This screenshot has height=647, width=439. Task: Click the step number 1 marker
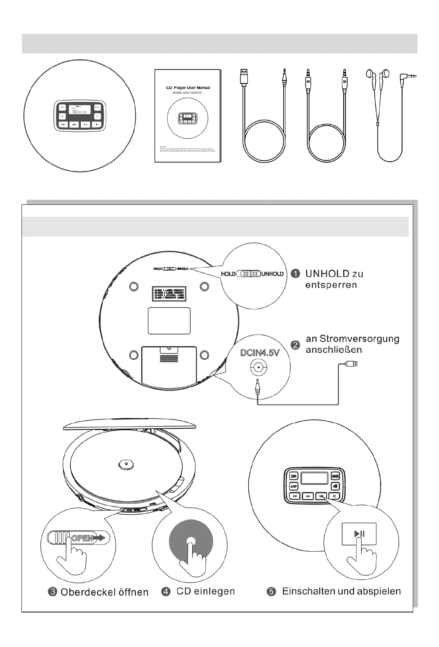coord(295,274)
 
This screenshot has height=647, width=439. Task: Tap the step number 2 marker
coord(295,345)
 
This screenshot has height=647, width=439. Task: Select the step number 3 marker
coord(53,592)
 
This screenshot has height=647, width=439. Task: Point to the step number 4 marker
coord(166,591)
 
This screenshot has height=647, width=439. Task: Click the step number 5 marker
coord(271,591)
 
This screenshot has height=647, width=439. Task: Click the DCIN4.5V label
coord(259,353)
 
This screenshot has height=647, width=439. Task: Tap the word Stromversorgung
coord(359,339)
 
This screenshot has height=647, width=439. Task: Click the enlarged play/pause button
coord(359,533)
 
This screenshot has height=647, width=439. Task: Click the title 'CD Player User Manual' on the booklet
coord(188,88)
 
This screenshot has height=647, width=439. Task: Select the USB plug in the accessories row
coord(244,76)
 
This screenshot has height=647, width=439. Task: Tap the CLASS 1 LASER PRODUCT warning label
coord(169,293)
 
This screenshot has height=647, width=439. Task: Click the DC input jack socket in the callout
coord(259,367)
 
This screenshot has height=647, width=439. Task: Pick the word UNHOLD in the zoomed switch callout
coord(272,274)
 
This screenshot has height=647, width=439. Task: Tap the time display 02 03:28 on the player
coord(79,111)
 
